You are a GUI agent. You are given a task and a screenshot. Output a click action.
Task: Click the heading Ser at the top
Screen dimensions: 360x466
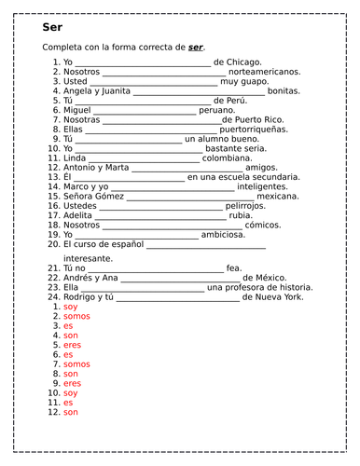[51, 27]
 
